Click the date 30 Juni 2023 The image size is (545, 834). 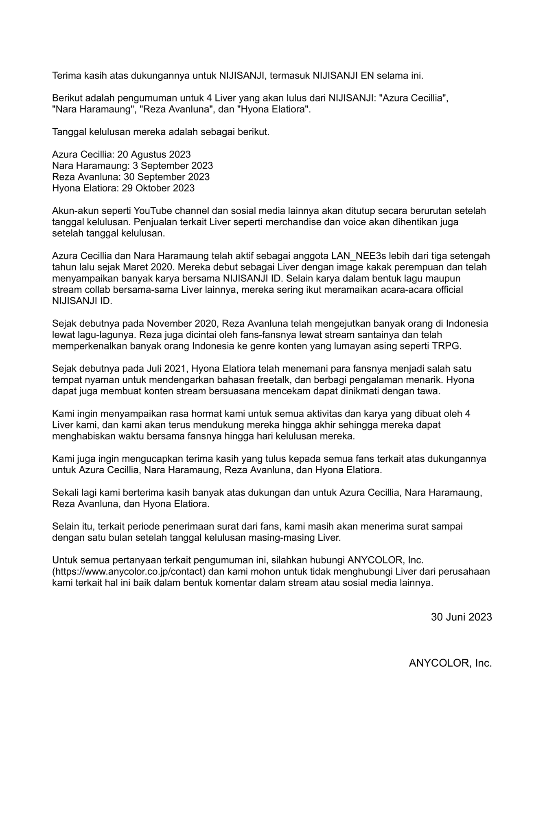(x=461, y=617)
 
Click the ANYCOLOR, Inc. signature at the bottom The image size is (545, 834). (x=450, y=663)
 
